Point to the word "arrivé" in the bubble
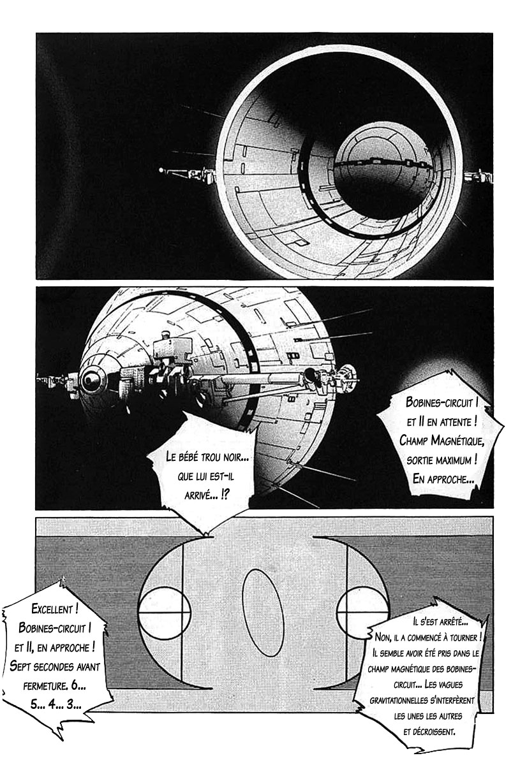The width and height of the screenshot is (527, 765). pos(197,495)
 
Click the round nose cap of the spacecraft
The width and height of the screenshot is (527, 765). pos(91,379)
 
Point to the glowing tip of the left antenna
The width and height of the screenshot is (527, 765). pos(161,170)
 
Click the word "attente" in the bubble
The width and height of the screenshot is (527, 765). pos(454,423)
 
